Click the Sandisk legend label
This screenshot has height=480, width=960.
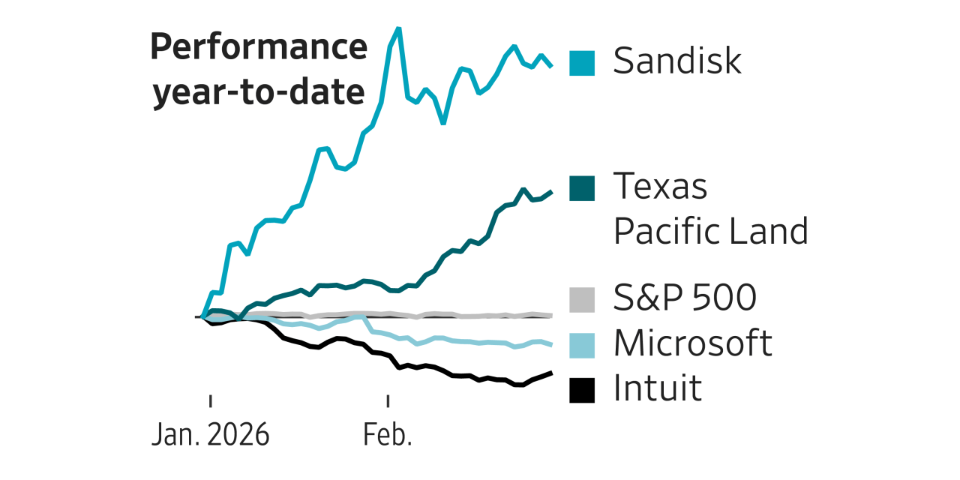click(x=677, y=61)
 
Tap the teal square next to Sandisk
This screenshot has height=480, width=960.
click(x=582, y=63)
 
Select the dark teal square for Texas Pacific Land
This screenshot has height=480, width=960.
click(x=582, y=188)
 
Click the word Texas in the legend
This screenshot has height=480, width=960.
click(x=660, y=186)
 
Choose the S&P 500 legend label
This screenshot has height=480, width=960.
click(x=685, y=298)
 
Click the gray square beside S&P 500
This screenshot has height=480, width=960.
click(x=582, y=300)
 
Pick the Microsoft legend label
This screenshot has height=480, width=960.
click(x=692, y=343)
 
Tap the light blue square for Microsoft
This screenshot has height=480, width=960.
click(x=582, y=346)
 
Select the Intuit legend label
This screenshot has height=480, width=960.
click(x=658, y=388)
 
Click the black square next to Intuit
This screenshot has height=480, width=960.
click(x=582, y=390)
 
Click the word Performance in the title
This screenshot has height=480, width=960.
click(x=259, y=48)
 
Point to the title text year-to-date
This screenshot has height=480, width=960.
click(x=259, y=94)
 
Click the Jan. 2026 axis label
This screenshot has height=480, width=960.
click(x=210, y=436)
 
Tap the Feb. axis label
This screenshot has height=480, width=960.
click(x=388, y=436)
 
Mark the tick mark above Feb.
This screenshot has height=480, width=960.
click(x=388, y=400)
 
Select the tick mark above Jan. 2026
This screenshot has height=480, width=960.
click(x=210, y=400)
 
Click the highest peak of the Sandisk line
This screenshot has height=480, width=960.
click(x=397, y=28)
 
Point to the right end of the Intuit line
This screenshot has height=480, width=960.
click(x=552, y=373)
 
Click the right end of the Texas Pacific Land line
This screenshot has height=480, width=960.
click(x=552, y=192)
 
